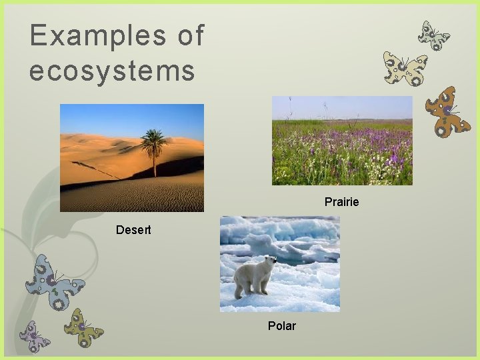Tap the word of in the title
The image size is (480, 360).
(191, 36)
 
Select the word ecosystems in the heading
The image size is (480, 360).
(111, 71)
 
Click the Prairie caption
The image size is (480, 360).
(341, 201)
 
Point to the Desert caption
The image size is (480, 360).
(133, 230)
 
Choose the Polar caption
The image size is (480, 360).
(281, 326)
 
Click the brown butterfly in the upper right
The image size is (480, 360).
(447, 111)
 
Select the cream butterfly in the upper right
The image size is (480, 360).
(405, 69)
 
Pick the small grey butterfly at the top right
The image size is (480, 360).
(433, 35)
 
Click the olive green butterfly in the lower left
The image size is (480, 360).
(84, 327)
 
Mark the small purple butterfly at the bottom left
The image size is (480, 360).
(34, 336)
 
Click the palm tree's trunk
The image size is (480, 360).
(155, 163)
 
